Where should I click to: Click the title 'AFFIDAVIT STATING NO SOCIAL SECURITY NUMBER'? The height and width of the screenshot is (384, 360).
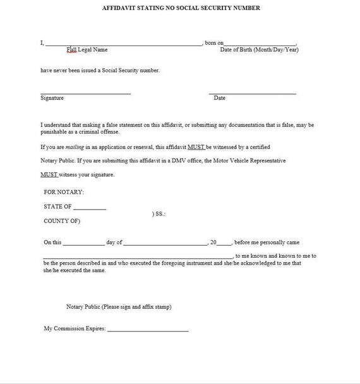pos(181,8)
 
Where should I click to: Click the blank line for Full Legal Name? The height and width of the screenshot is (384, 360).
pos(124,45)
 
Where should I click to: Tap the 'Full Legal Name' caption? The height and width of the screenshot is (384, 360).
pos(87,49)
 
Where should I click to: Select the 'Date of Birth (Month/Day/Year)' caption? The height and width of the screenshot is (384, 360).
pos(259,49)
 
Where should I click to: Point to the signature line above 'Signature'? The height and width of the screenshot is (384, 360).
pos(85,93)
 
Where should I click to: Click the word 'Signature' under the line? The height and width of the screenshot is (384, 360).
pos(52,98)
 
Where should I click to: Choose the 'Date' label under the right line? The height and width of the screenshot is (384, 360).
pos(219,98)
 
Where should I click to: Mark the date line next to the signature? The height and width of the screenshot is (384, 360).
pos(253,93)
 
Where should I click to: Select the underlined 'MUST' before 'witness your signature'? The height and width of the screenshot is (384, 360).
pos(49,174)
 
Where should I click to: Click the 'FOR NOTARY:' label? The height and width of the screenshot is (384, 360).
pos(64,191)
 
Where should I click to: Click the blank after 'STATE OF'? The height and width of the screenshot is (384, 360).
pos(90,208)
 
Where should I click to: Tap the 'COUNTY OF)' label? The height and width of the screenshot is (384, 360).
pos(62,221)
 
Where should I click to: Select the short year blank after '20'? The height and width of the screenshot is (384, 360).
pos(225,244)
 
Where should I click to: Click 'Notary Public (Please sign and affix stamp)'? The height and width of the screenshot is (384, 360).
pos(119,307)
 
